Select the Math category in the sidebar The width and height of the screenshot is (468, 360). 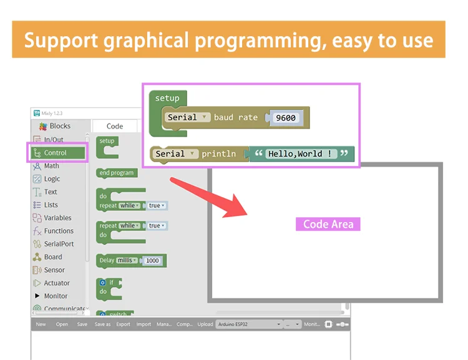[51, 166]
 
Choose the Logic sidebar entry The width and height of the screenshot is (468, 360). [52, 179]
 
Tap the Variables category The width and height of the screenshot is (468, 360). [57, 218]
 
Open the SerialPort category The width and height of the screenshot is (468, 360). [59, 244]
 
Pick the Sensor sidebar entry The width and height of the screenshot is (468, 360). [54, 270]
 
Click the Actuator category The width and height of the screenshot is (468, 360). [57, 283]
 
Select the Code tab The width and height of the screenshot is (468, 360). [115, 126]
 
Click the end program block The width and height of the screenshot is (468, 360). [117, 173]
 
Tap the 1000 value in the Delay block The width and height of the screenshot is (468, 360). [152, 261]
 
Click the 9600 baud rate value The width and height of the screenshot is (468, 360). [285, 118]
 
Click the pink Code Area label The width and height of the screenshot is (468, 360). [328, 224]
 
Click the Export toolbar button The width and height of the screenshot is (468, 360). [123, 324]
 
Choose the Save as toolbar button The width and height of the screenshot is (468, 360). [102, 324]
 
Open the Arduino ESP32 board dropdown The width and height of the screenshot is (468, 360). [249, 324]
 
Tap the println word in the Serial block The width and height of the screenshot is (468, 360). [218, 153]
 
